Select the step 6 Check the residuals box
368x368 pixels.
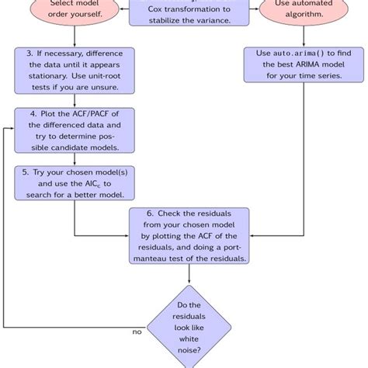(x=189, y=234)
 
